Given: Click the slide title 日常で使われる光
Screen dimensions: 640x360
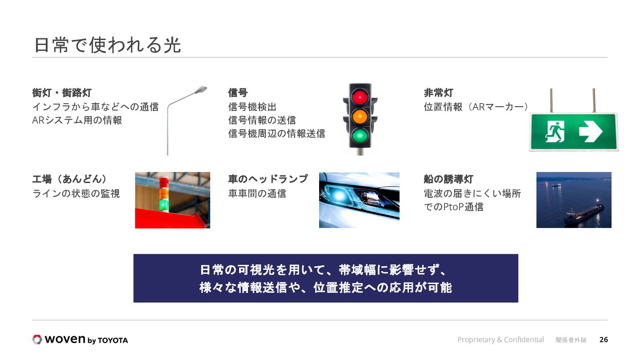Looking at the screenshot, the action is [107, 45].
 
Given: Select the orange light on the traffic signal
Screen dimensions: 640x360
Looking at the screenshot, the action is [360, 116].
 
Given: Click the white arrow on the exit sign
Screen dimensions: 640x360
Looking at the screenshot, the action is [590, 132].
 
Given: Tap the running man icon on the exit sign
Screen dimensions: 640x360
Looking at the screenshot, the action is [554, 132].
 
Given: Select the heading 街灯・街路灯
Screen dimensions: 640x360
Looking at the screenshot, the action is [62, 93].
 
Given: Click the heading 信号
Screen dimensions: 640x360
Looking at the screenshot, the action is [238, 93].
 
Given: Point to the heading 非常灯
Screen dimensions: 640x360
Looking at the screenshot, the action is [439, 93].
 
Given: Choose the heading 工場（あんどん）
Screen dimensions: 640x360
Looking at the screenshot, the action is [70, 179].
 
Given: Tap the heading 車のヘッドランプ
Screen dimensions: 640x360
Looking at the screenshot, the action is [268, 179].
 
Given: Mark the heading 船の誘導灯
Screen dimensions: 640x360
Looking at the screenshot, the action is [448, 179].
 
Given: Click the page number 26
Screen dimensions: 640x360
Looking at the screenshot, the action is [604, 340].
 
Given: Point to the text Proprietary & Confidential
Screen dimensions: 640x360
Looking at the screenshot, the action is [500, 340].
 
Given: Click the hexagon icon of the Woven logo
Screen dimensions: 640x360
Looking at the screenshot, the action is [37, 340].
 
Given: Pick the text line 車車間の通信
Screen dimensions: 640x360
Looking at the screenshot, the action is [257, 193].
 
